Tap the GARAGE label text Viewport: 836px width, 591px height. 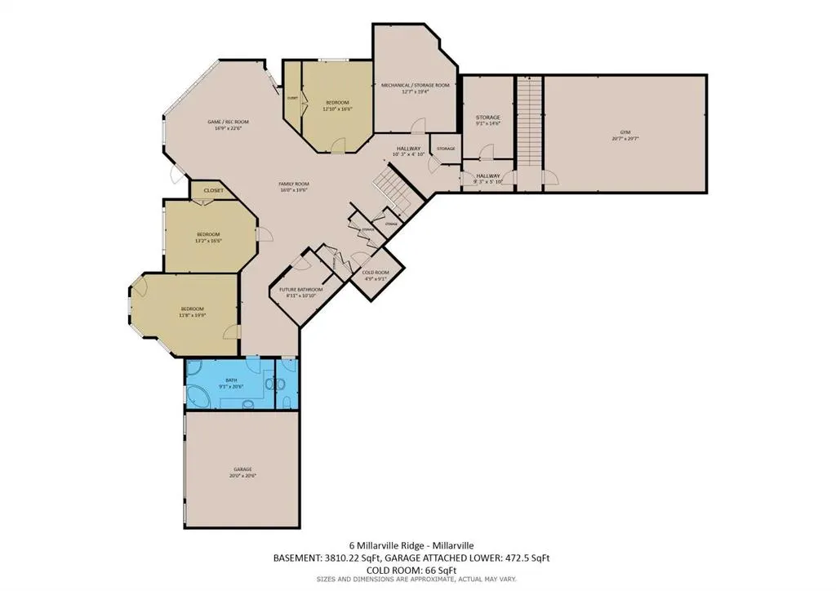point(242,469)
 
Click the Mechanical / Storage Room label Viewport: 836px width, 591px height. point(415,85)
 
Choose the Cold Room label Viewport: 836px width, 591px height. point(376,272)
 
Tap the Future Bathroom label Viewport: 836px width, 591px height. point(301,290)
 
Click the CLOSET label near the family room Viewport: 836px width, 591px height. point(213,190)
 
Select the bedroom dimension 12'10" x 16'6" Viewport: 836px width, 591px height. point(336,109)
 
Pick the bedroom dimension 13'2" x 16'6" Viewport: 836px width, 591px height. point(209,241)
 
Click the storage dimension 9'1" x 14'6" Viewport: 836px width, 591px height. point(488,124)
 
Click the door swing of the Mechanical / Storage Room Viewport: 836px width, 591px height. point(419,125)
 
